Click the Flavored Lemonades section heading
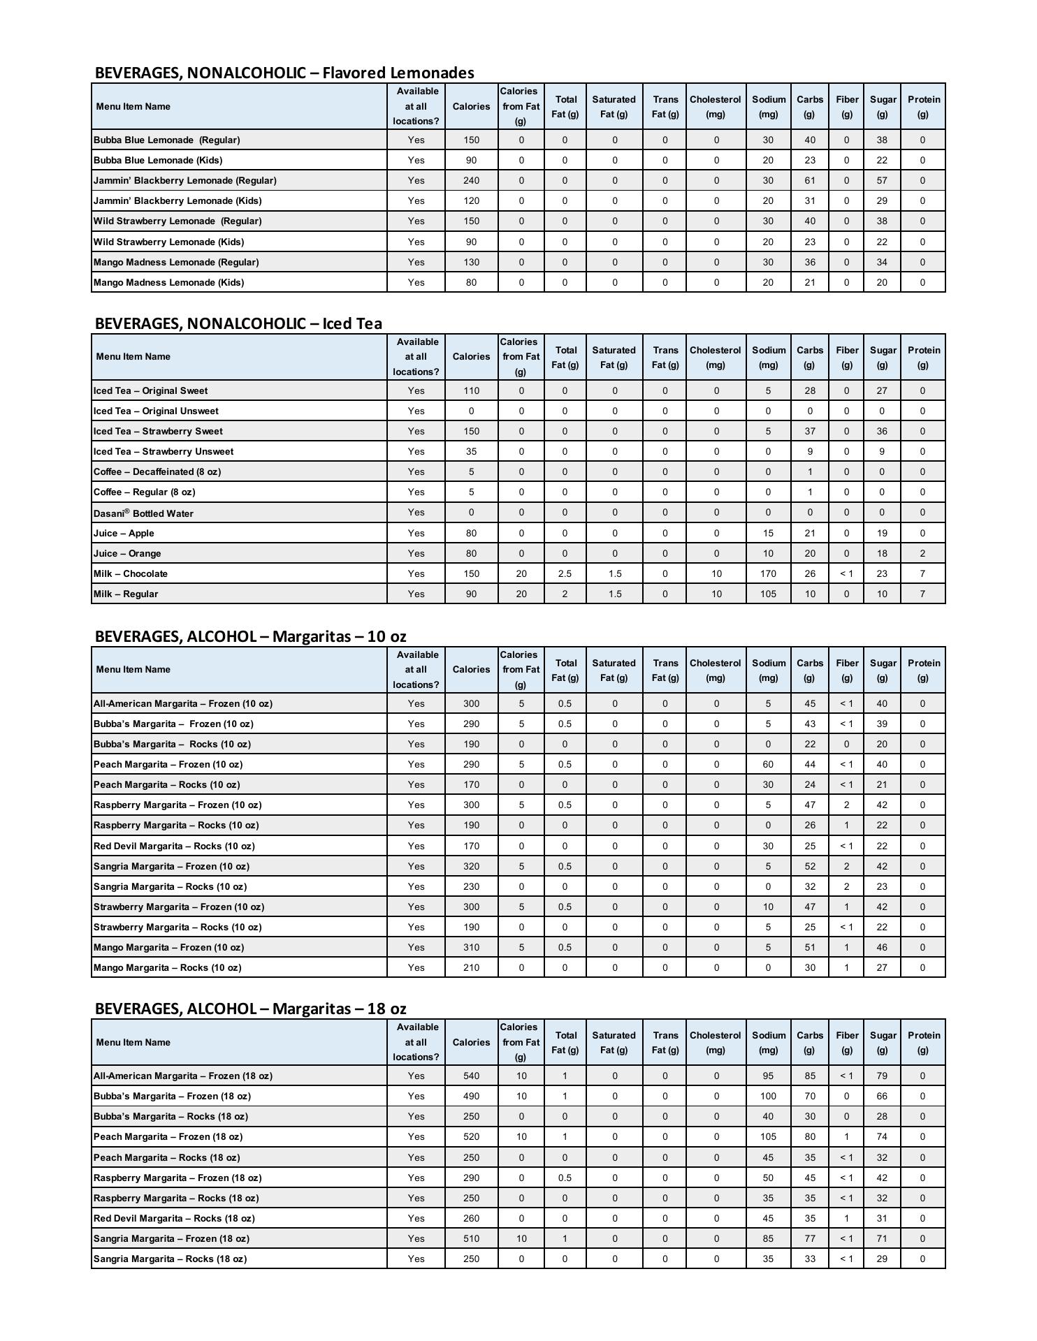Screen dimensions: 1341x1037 (x=284, y=73)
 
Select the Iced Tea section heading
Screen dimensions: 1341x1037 (x=238, y=323)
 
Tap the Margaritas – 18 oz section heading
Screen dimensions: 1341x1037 (x=250, y=1009)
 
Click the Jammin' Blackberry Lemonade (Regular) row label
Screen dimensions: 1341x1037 (x=185, y=180)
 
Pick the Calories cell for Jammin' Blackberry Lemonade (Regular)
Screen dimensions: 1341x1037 (x=471, y=180)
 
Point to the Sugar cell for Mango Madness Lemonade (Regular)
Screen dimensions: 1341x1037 (x=882, y=262)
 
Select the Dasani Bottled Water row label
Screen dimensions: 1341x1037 (x=143, y=513)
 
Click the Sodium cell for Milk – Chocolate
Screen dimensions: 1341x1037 (x=768, y=573)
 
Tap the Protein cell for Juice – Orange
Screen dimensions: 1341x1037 (x=922, y=553)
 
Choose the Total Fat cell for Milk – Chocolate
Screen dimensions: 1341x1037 (x=565, y=573)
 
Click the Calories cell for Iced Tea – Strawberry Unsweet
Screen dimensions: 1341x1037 (x=471, y=451)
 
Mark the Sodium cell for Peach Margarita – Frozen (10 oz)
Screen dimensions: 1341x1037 (x=768, y=764)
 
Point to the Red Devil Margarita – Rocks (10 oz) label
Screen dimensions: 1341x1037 (x=174, y=846)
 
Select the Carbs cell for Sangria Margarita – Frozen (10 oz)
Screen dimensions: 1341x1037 (x=809, y=866)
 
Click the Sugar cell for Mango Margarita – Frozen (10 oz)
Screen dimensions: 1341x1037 (x=882, y=947)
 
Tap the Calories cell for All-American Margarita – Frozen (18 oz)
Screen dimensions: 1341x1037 (x=471, y=1076)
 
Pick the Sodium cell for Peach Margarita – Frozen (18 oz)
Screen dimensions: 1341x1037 (x=768, y=1136)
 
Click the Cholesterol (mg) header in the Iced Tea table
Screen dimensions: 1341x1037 (x=716, y=357)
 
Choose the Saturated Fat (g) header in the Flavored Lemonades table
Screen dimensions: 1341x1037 (x=614, y=106)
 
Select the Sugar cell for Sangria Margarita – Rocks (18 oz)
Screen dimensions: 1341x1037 (x=882, y=1259)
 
